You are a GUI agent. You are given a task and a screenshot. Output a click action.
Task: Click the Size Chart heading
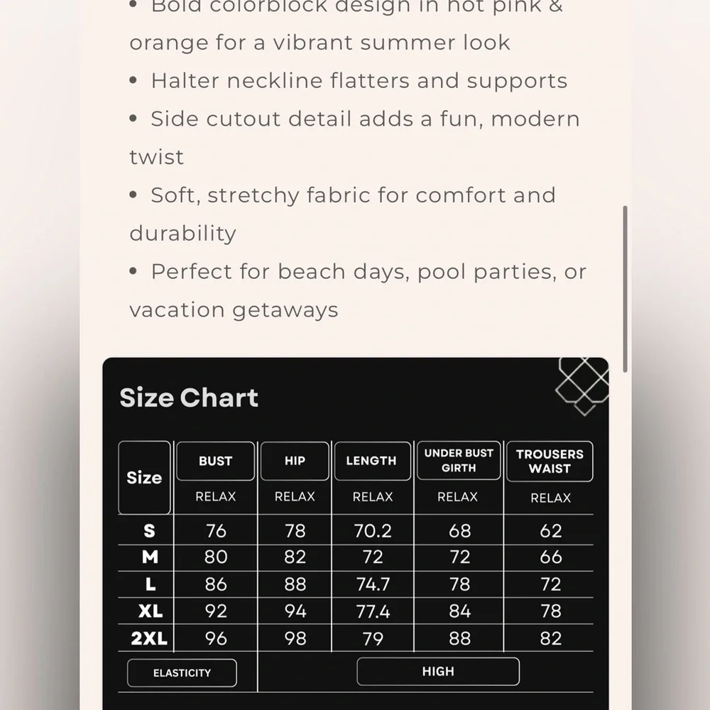point(189,398)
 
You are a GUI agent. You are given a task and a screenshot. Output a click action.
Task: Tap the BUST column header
point(215,461)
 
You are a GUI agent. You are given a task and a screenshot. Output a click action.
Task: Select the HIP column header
point(295,461)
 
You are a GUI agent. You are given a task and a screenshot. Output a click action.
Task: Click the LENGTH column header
point(371,461)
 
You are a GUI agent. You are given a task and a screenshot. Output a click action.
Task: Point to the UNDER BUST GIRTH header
point(459,460)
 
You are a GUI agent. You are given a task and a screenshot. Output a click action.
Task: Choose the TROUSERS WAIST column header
point(550,461)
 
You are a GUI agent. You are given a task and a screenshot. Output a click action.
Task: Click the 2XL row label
point(149,638)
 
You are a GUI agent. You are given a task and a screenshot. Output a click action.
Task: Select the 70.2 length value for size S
point(373,530)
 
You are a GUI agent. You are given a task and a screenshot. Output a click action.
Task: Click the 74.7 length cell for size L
point(373,584)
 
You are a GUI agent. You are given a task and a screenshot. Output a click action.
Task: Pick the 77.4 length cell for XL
point(373,611)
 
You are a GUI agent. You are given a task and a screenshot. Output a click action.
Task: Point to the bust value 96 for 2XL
point(216,638)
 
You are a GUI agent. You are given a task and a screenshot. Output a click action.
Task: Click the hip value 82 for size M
point(295,557)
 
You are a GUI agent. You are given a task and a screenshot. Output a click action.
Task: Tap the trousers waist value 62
point(551,530)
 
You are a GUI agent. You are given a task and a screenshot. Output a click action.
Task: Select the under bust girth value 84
point(460,611)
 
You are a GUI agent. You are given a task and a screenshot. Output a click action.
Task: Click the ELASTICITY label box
point(182,673)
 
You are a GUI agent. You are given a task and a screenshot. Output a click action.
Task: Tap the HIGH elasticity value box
point(438,672)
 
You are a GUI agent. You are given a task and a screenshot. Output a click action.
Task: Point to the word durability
point(182,234)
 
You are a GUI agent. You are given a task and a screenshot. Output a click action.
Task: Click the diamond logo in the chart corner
point(582,383)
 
